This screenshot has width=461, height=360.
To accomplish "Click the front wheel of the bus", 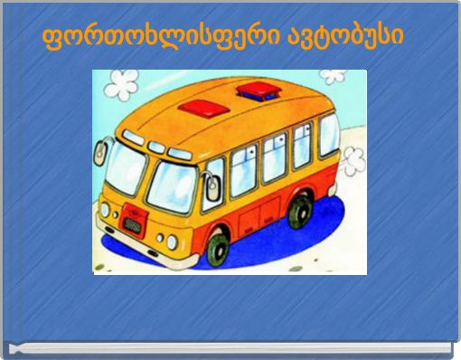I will click(x=216, y=247).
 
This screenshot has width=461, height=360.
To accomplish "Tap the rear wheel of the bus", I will click(x=299, y=211).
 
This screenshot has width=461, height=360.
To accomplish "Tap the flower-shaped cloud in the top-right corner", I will click(x=333, y=77).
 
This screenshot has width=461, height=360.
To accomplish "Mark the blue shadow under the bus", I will click(x=271, y=244).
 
